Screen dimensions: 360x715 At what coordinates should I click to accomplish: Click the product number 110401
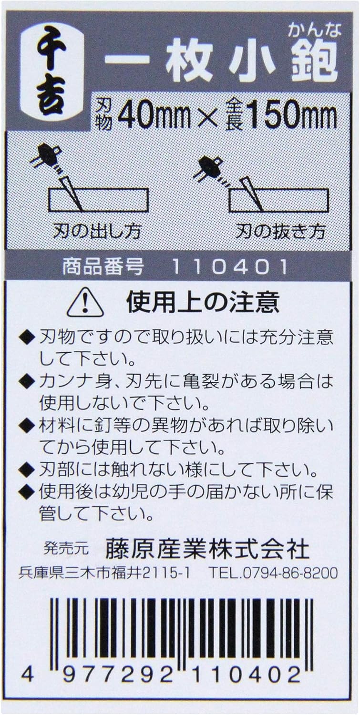230,267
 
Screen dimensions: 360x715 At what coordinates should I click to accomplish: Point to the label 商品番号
103,267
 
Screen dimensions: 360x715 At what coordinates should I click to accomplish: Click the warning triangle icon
85,302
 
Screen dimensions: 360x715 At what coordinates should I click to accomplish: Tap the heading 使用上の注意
203,302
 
